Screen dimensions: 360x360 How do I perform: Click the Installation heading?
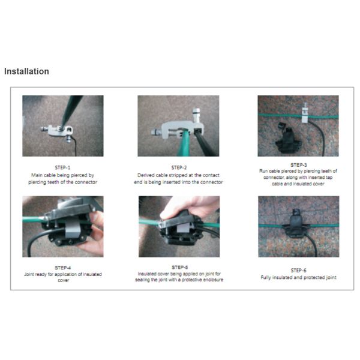click(x=26, y=71)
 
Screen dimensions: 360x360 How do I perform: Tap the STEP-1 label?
click(x=63, y=167)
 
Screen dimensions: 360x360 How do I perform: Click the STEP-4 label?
click(x=63, y=267)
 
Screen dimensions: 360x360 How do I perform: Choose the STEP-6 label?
click(x=298, y=270)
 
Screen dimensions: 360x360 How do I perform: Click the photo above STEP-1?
click(x=63, y=125)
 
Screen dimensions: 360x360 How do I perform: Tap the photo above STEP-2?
click(x=178, y=125)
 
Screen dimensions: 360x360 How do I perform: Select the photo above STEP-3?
click(x=298, y=125)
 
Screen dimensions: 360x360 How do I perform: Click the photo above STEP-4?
click(x=63, y=226)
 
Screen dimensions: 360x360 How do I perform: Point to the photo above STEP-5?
click(x=179, y=226)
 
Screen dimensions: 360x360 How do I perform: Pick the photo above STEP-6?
click(x=298, y=226)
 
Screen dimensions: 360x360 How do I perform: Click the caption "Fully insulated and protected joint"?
click(x=298, y=278)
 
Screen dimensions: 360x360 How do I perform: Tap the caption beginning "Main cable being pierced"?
click(x=63, y=178)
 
